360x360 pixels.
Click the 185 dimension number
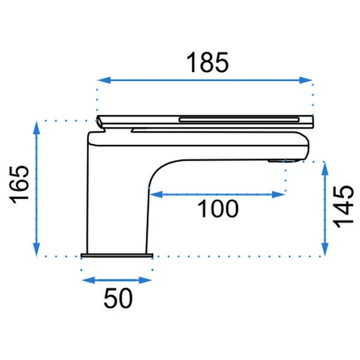(x=208, y=62)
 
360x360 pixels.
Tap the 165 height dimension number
(x=19, y=184)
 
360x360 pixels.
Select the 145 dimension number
(x=343, y=206)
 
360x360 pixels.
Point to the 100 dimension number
(x=218, y=208)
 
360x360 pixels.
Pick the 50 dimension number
(x=118, y=298)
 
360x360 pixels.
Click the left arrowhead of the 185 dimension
(x=104, y=80)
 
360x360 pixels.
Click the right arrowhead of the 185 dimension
(x=305, y=80)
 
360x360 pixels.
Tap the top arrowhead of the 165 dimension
(x=37, y=128)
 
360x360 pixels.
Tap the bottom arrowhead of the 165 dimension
(x=37, y=250)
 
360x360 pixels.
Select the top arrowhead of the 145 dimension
(x=324, y=169)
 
